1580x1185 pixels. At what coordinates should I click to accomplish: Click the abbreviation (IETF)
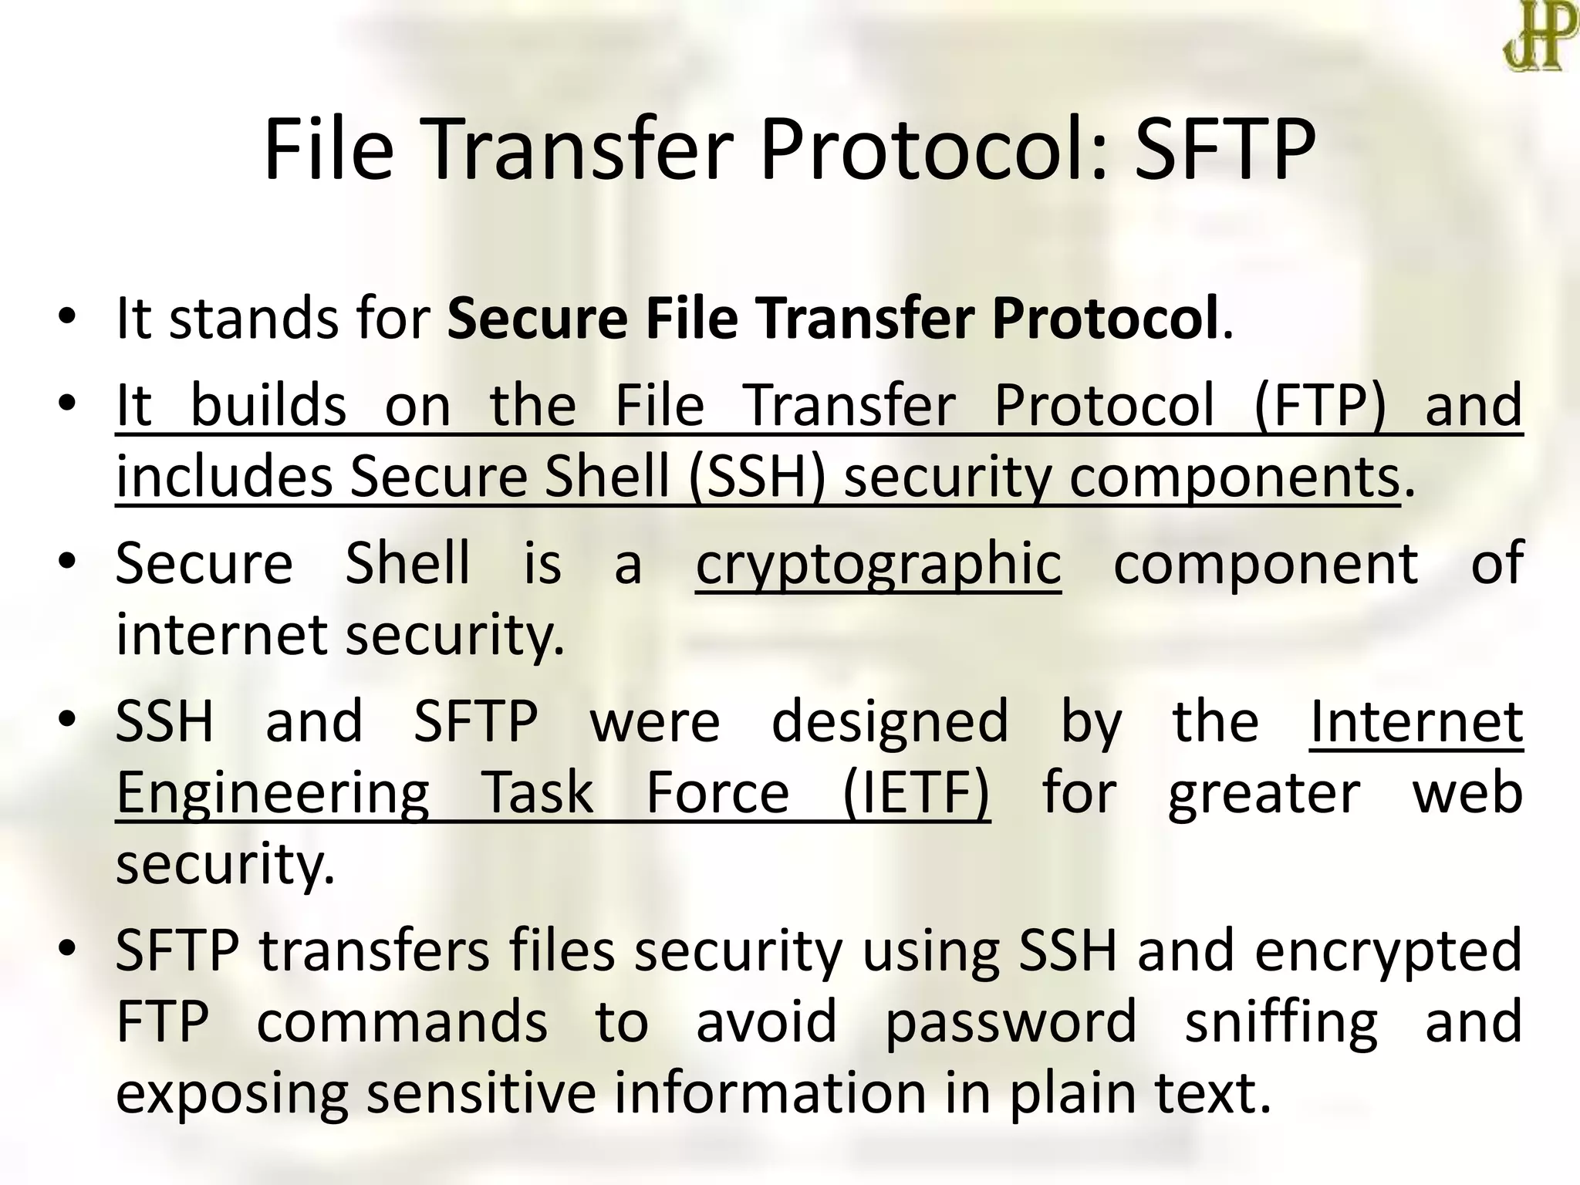pos(916,794)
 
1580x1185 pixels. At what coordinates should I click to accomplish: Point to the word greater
pos(1264,794)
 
